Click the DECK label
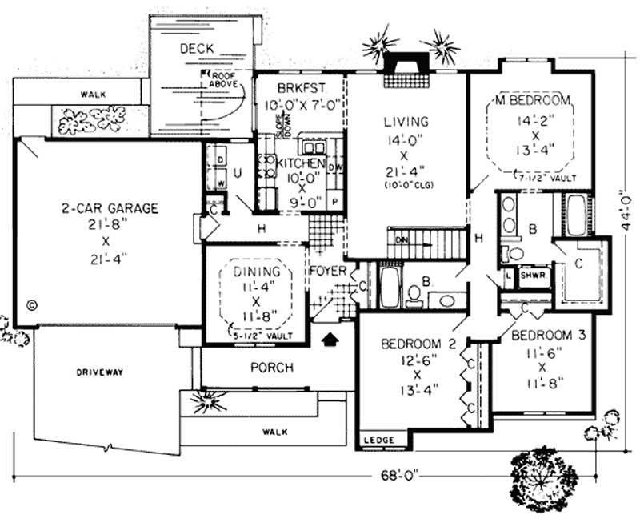[x=196, y=49]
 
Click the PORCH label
[x=271, y=368]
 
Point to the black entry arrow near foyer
[x=328, y=340]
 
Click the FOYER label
[x=328, y=271]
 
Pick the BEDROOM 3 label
[x=548, y=335]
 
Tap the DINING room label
[x=256, y=272]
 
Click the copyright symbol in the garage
[x=32, y=304]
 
